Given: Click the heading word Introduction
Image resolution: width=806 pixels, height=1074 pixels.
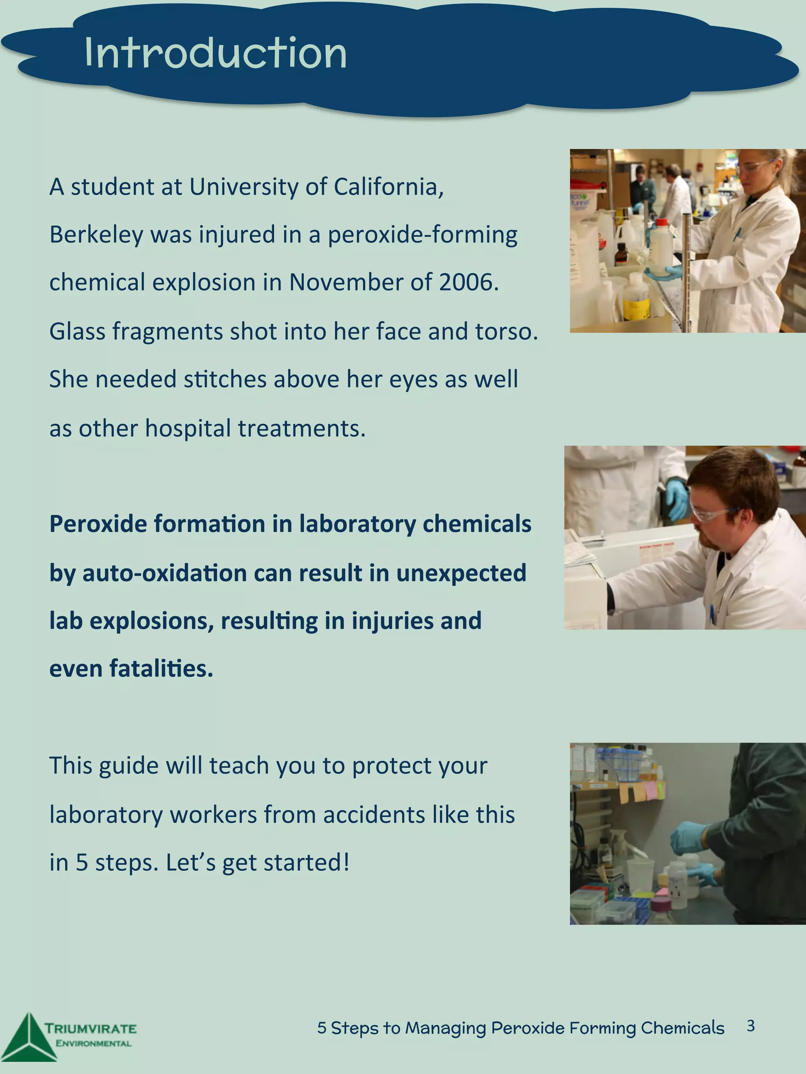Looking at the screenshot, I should (x=215, y=53).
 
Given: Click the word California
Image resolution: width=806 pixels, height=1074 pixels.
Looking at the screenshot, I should (x=389, y=187).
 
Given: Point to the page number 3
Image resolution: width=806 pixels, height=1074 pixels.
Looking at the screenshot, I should (x=751, y=1026).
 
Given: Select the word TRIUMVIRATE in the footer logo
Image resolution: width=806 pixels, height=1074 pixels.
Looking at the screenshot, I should (x=91, y=1028).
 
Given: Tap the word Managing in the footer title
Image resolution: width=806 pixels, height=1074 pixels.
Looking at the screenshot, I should (x=446, y=1028).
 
